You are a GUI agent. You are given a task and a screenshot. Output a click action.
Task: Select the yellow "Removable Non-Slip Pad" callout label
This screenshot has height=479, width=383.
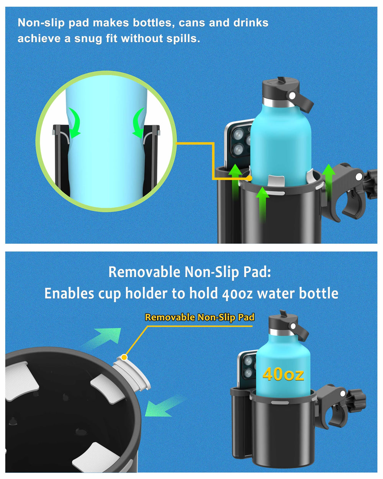[x=200, y=317]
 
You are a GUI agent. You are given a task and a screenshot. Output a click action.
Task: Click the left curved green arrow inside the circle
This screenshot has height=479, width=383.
[x=74, y=123]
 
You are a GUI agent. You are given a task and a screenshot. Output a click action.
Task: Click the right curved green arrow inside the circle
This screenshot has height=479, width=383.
[x=138, y=123]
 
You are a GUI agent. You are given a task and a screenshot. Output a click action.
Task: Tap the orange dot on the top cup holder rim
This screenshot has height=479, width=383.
[x=250, y=178]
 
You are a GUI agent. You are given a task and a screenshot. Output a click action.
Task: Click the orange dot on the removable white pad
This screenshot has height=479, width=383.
[x=124, y=357]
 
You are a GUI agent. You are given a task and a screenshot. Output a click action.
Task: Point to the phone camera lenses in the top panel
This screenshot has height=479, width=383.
[x=241, y=141]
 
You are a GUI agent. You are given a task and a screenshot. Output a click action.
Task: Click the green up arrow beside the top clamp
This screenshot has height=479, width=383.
[x=329, y=182]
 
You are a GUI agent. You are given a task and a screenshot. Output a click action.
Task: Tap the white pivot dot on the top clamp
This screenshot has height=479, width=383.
[x=358, y=177]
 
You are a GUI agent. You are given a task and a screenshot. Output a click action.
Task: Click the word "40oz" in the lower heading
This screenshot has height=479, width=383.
[x=237, y=294]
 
